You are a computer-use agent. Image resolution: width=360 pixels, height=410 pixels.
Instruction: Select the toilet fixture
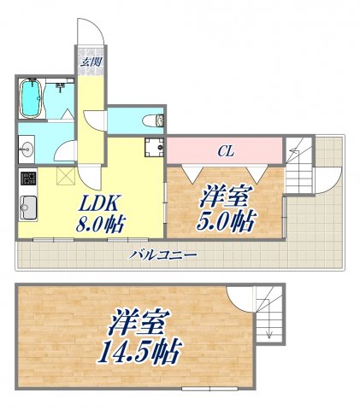(150, 120)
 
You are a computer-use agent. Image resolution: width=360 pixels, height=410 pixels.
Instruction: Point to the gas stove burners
(27, 179)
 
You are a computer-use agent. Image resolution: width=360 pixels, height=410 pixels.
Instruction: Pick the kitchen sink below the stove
(27, 207)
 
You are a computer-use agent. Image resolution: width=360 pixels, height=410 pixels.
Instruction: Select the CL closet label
(225, 152)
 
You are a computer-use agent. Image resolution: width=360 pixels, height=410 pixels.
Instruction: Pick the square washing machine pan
(154, 146)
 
